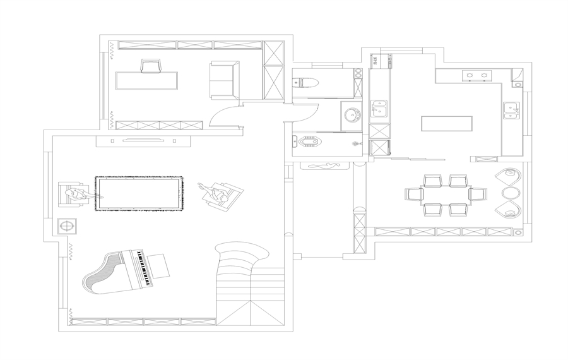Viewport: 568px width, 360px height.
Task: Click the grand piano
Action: pos(126,272)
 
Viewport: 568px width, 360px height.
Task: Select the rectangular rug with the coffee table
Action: pos(139,194)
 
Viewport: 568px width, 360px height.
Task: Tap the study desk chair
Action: pos(151,66)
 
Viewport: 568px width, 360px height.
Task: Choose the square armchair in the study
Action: pos(225,80)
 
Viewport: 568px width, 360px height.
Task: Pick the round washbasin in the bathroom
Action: pos(352,116)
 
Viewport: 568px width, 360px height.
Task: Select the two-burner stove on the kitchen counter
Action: pos(476,76)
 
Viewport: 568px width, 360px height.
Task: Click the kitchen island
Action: pos(447,123)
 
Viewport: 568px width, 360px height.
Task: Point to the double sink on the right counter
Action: pos(511,111)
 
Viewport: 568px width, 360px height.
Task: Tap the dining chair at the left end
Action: pos(414,193)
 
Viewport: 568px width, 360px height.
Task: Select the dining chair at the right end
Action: pos(478,193)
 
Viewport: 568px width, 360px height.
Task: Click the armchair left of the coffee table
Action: pos(71,194)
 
